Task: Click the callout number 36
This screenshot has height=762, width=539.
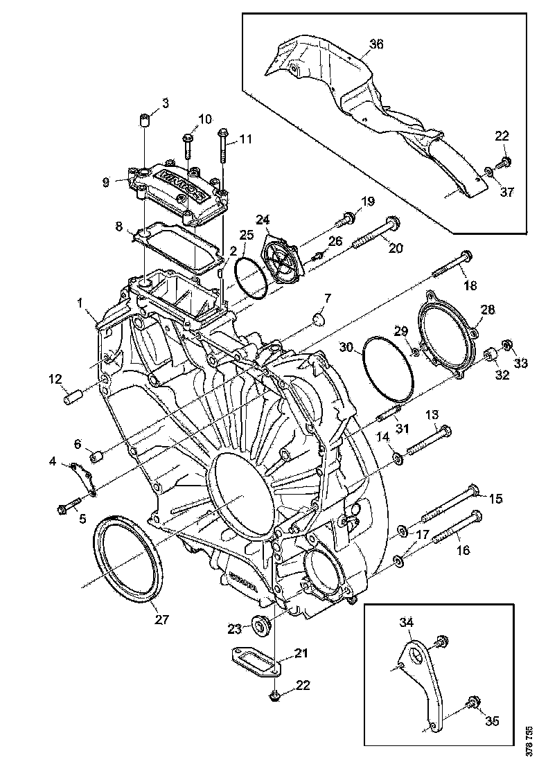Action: point(375,44)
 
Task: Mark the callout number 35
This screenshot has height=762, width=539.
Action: point(491,721)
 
